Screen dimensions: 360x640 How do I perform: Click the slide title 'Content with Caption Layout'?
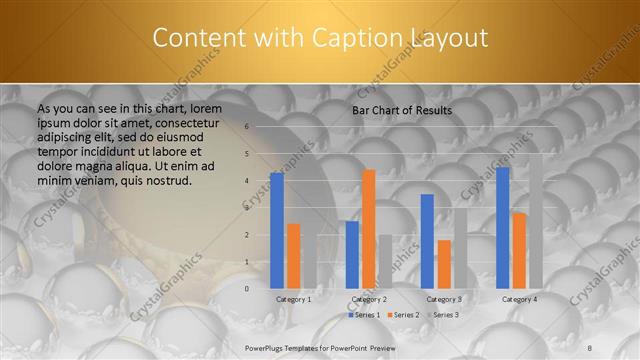[x=320, y=38]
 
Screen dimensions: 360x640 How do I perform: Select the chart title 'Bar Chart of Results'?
[x=401, y=110]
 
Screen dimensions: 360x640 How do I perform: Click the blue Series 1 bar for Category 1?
[x=277, y=230]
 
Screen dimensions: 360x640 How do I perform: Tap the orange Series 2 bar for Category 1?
[x=293, y=256]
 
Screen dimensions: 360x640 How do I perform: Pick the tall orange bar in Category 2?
[x=369, y=229]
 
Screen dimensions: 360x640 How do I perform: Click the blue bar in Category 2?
[x=352, y=254]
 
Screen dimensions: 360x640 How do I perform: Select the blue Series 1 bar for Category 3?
[x=427, y=241]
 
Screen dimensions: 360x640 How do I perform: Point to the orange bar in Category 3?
[x=444, y=264]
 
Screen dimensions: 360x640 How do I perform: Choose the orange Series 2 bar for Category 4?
[x=519, y=250]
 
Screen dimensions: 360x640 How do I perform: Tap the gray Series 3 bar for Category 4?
[x=536, y=221]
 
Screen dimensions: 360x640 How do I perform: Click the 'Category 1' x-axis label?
[x=293, y=299]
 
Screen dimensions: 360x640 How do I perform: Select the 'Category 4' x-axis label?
[x=519, y=299]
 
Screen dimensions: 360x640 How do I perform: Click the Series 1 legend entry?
[x=363, y=315]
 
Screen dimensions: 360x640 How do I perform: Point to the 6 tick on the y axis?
[x=246, y=127]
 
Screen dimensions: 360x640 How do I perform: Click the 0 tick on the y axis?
[x=246, y=288]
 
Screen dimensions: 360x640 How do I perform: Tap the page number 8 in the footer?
[x=590, y=346]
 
